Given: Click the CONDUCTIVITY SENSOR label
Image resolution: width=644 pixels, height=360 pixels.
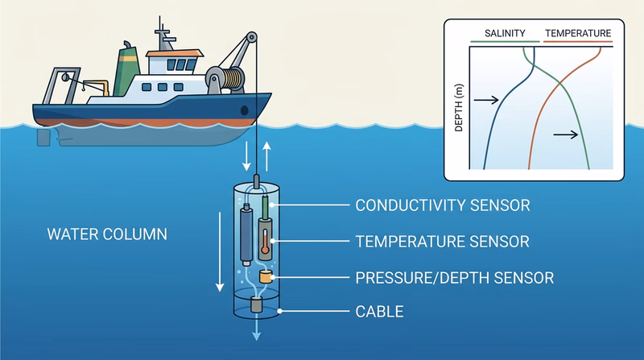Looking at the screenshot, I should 442,205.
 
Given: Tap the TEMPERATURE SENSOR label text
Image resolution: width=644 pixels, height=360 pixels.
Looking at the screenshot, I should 442,241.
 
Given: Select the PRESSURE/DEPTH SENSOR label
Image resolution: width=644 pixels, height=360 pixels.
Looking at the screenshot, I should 455,278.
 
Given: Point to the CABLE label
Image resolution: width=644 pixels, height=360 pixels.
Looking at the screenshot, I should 379,311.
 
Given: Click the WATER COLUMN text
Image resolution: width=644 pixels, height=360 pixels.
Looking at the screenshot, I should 107,235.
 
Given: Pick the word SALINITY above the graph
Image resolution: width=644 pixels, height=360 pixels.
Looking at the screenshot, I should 505,34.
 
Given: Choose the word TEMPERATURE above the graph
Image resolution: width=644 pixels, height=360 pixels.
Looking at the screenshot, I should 577,34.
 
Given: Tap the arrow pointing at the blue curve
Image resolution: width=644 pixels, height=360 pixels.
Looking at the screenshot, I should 485,100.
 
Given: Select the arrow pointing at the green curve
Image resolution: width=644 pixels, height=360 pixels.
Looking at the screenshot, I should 566,134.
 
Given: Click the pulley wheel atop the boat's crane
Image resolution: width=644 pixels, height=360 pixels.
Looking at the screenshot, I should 251,38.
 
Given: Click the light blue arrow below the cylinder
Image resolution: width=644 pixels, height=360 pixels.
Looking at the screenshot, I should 257,330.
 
